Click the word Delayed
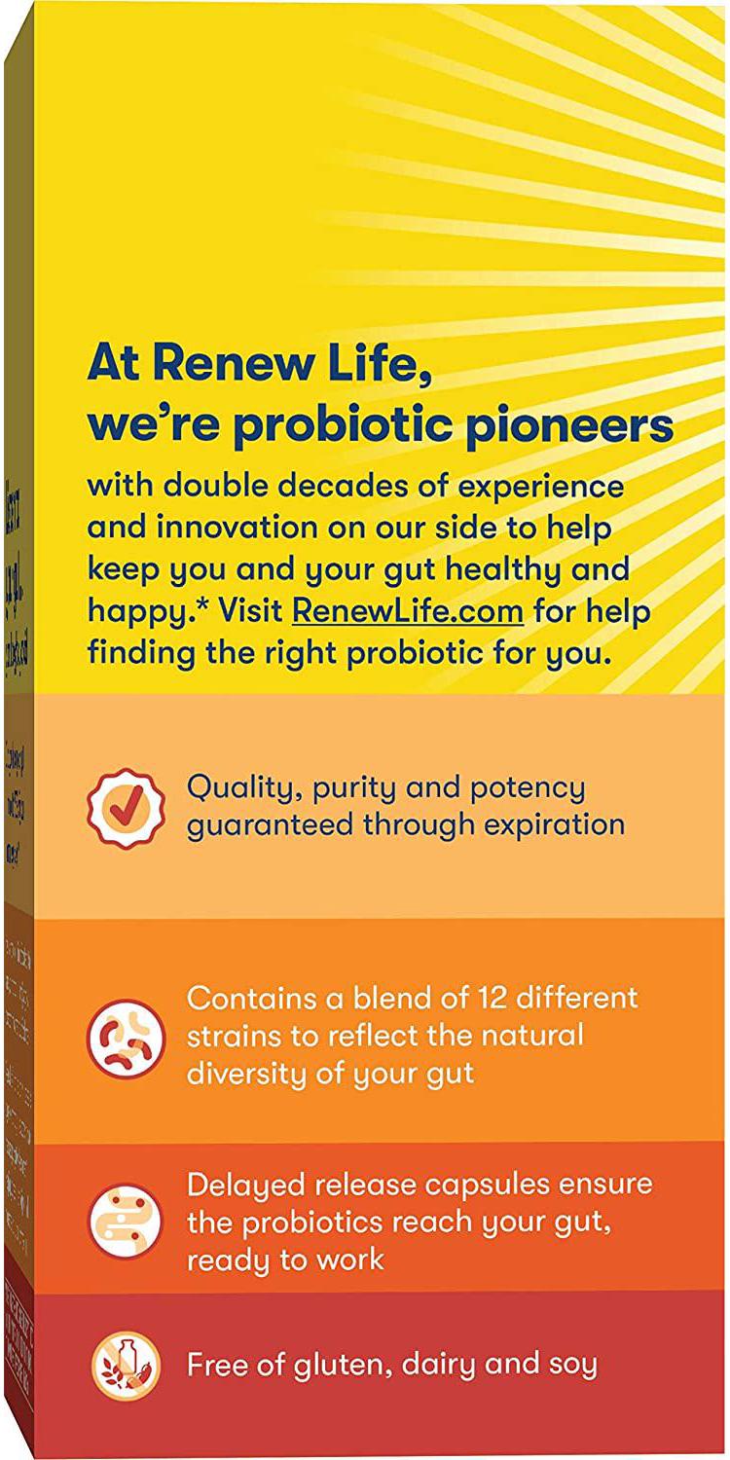click(244, 1185)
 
